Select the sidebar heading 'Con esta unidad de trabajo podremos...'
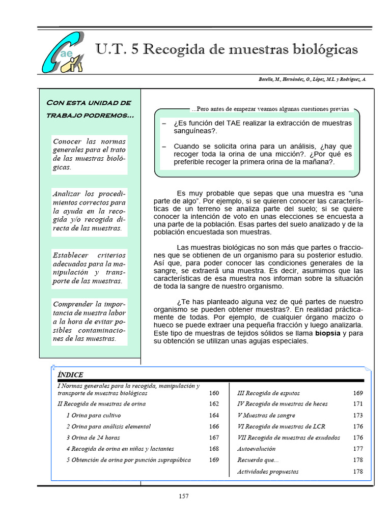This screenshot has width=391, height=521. coord(90,109)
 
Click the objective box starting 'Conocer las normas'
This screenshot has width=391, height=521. coord(89,154)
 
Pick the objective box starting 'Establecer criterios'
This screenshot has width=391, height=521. coord(89,268)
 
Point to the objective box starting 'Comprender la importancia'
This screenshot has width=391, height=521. coord(89,321)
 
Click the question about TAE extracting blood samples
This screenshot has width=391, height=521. coord(262,127)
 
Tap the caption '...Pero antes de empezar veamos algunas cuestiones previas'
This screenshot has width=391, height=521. coord(270,109)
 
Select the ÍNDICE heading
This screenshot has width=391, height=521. coord(70,374)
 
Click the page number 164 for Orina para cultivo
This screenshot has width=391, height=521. coord(214,415)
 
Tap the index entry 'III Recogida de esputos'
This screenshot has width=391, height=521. coord(268,393)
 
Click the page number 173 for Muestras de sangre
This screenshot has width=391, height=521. coord(358,415)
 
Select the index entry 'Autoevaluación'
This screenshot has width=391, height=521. coord(256,449)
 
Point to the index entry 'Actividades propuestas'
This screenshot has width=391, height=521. coord(268,472)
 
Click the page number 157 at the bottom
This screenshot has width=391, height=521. coord(184,497)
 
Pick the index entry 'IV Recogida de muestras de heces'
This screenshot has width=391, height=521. coord(283,404)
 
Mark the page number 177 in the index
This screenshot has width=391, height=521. coord(358,449)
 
